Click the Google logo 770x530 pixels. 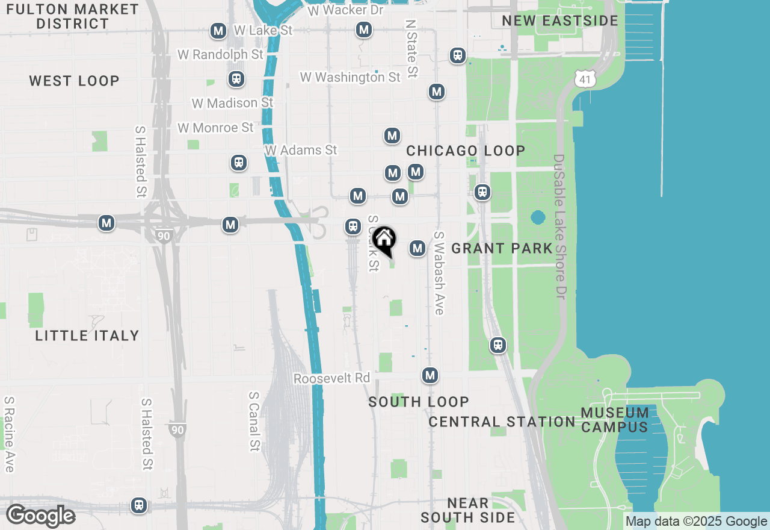(40, 516)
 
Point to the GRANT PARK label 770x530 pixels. (502, 248)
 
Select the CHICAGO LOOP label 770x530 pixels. (466, 151)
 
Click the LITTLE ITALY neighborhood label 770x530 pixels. (87, 335)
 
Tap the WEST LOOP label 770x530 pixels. (74, 81)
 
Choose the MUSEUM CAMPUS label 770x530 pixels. (615, 420)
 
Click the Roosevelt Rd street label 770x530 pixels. (331, 378)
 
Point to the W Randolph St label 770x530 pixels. (220, 54)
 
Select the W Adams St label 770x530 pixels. (301, 150)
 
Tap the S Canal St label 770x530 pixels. (254, 422)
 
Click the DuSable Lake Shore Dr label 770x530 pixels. (560, 228)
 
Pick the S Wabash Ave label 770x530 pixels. (439, 273)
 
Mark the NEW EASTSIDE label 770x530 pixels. (560, 20)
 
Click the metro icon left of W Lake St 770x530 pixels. (218, 31)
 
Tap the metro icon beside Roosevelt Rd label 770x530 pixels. (430, 375)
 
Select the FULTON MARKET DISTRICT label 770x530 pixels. (72, 16)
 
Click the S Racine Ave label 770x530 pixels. (9, 434)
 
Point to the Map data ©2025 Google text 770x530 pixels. (696, 522)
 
